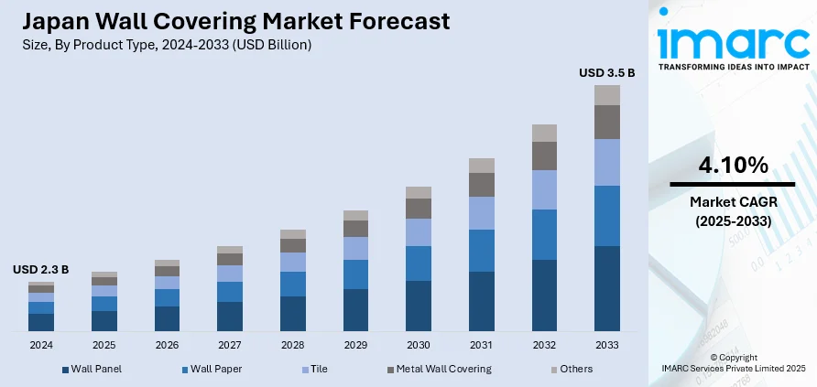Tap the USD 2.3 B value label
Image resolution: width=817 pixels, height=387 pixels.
pos(40,270)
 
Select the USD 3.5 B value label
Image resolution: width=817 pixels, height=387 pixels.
pos(606,71)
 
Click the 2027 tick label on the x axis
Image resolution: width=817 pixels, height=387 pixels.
pos(229,345)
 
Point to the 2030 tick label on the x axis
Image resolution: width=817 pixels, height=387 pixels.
pos(418,345)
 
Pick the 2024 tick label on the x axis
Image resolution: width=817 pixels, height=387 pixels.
pos(40,345)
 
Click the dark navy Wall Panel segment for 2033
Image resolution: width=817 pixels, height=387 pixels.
pos(606,288)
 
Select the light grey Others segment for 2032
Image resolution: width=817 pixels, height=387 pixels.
pos(544,133)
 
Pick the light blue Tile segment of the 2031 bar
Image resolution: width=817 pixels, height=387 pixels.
pos(481,212)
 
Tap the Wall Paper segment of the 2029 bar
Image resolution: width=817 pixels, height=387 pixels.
pos(355,274)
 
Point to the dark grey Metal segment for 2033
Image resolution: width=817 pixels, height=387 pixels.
pos(606,122)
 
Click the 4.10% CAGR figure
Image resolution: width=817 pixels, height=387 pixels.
pos(733,166)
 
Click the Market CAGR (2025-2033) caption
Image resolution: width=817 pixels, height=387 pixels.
pos(733,211)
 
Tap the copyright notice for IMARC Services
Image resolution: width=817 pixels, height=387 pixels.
pos(733,361)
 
